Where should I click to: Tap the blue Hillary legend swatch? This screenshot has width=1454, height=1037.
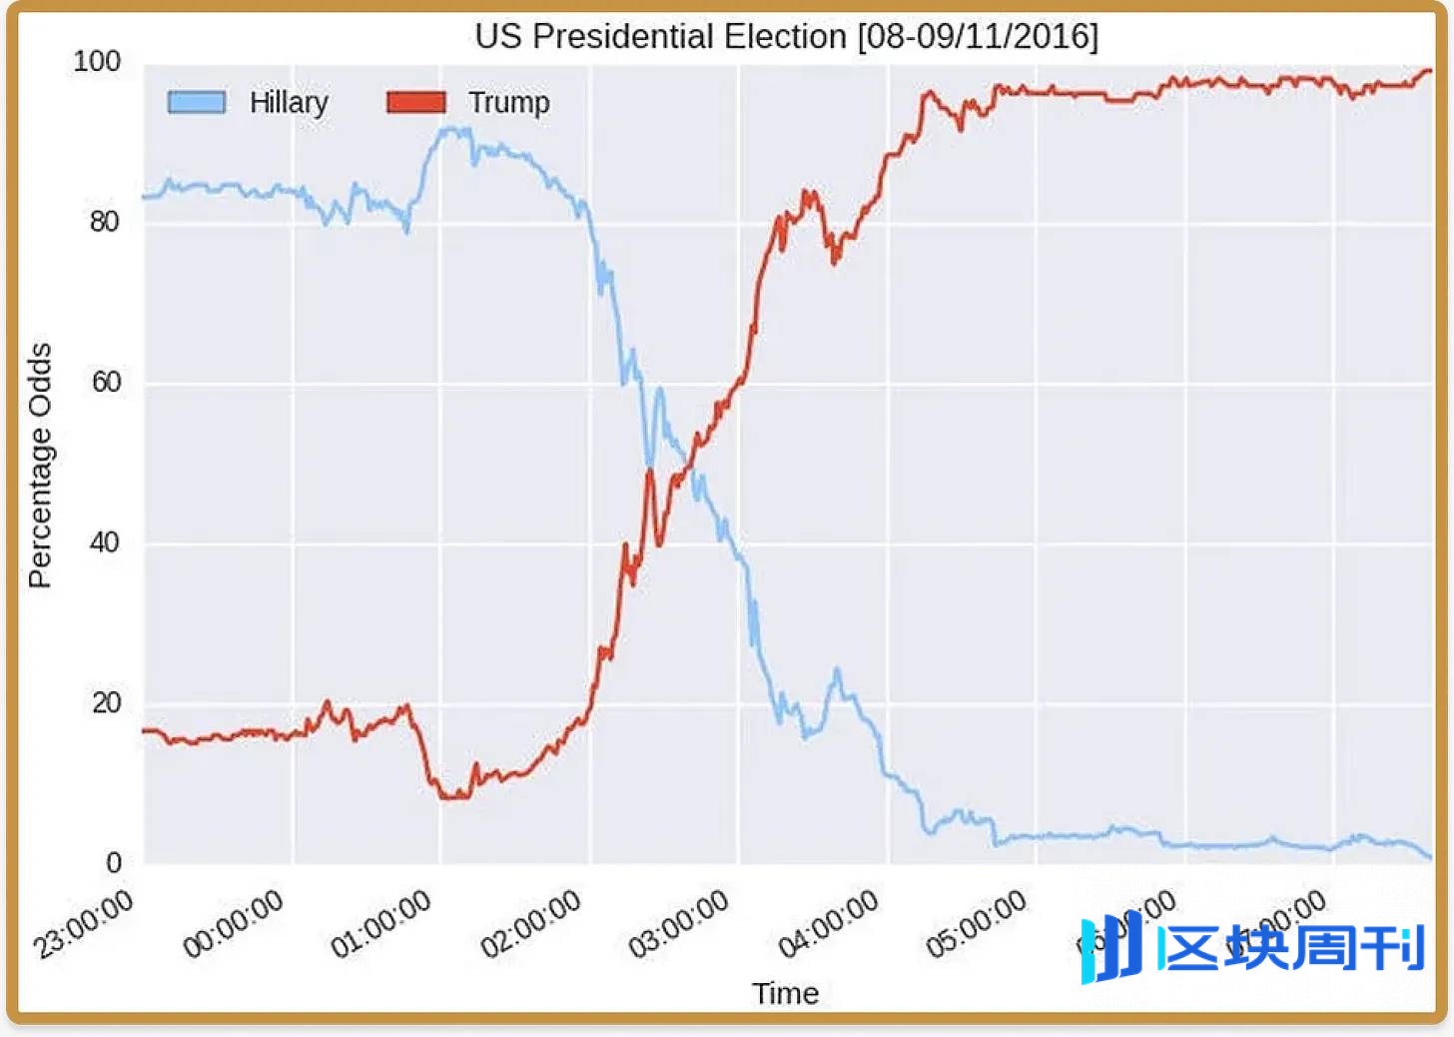coord(196,102)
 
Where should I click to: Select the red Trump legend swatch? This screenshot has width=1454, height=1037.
coord(415,102)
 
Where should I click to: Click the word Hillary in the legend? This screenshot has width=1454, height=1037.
coord(289,102)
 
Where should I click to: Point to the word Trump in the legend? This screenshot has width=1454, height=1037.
coord(509,102)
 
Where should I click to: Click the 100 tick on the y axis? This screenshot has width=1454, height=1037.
coord(97,62)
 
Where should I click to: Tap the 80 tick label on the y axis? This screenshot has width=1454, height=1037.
coord(104,221)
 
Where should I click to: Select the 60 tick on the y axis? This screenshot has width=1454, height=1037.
coord(105,382)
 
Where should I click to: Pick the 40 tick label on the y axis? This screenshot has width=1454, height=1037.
coord(105,542)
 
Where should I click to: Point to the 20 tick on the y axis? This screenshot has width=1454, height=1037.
coord(106,703)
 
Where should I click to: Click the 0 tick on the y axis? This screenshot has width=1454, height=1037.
coord(113,863)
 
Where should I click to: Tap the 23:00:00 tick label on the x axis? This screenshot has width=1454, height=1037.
coord(83,925)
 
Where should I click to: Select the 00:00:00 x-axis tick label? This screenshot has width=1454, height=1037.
coord(233,925)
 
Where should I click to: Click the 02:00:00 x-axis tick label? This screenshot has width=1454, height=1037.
coord(530,925)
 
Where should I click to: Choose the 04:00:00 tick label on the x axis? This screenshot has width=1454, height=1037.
coord(828,925)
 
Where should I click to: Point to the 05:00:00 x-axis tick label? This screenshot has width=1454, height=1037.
coord(976,925)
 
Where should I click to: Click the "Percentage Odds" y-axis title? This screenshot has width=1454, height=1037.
coord(40,466)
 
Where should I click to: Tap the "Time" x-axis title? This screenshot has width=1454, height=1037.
coord(785,994)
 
